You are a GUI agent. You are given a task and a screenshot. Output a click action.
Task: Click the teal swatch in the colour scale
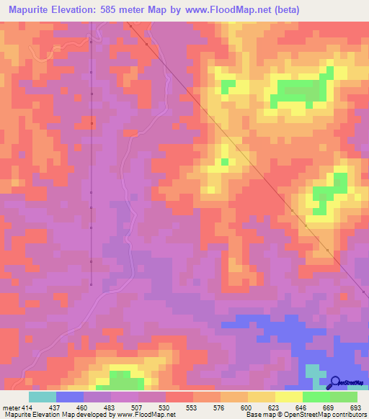pos(43,397)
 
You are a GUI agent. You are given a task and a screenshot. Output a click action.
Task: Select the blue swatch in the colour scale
pos(70,397)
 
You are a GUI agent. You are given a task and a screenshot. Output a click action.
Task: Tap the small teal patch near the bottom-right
pos(312,372)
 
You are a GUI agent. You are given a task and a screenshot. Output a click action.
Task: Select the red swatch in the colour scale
pos(179,397)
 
